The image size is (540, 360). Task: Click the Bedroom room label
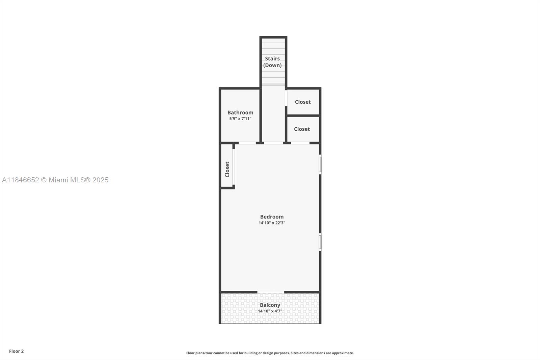tap(272, 217)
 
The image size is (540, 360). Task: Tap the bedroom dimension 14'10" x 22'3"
tap(272, 223)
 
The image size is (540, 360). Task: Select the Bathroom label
tap(240, 112)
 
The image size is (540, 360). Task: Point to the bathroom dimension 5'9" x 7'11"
tap(240, 119)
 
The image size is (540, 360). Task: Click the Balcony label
tap(270, 305)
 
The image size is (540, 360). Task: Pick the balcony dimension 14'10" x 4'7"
tap(270, 311)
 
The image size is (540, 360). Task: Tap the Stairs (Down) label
tap(272, 62)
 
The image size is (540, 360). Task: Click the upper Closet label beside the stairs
tap(303, 102)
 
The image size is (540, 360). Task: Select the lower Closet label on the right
tap(302, 129)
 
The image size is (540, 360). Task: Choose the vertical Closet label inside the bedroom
tap(227, 169)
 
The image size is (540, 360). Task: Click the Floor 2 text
tap(16, 351)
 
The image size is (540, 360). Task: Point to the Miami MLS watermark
tap(55, 180)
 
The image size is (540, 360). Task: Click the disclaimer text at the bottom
tap(270, 353)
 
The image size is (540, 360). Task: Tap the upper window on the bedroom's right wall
tap(320, 164)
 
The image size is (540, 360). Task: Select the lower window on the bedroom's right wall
tap(320, 242)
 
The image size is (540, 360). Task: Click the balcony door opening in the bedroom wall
tap(271, 292)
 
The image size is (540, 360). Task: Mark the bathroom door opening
tap(247, 143)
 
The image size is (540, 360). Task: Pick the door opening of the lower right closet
tap(300, 143)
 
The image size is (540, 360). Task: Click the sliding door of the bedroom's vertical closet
tap(234, 167)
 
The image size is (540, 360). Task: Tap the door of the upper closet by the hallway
tap(286, 98)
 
